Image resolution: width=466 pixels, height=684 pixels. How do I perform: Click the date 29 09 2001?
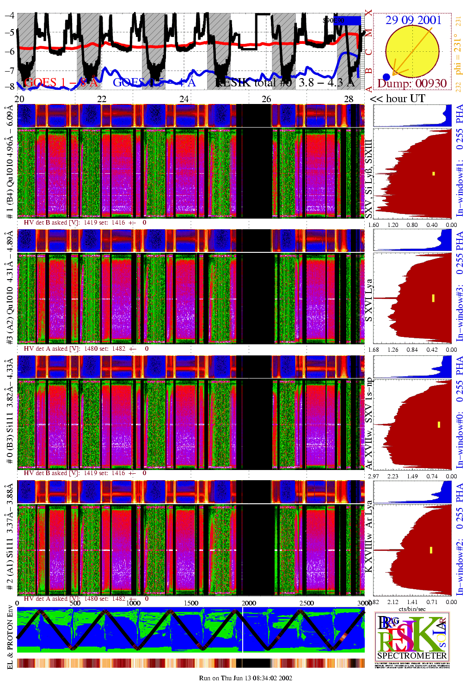(413, 20)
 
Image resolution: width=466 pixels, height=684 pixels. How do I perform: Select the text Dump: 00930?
(412, 84)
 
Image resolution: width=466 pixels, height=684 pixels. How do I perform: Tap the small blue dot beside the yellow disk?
(386, 77)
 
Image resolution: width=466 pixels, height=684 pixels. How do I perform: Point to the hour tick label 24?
(184, 98)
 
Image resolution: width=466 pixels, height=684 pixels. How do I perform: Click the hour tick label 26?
(266, 98)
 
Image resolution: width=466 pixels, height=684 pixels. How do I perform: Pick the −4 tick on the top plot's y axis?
(9, 15)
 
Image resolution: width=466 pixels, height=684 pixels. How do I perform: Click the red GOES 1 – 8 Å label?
(61, 82)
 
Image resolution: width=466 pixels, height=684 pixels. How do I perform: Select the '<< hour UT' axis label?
(397, 98)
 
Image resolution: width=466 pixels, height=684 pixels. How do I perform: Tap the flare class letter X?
(368, 13)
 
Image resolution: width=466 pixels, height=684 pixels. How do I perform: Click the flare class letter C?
(368, 52)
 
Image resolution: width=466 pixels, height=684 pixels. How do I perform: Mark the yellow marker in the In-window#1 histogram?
(434, 174)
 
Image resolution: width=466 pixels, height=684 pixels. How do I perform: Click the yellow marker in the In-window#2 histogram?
(431, 550)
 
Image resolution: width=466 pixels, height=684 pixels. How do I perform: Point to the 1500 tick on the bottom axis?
(191, 603)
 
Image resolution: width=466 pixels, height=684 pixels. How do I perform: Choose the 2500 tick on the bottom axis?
(307, 603)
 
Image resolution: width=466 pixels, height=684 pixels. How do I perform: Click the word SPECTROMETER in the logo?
(412, 655)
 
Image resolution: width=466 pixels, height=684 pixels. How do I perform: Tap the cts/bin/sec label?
(412, 609)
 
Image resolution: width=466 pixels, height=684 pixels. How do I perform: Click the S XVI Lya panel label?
(368, 300)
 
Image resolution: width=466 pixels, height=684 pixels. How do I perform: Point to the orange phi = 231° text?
(458, 54)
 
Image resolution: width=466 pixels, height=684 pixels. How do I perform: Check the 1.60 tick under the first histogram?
(374, 225)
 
